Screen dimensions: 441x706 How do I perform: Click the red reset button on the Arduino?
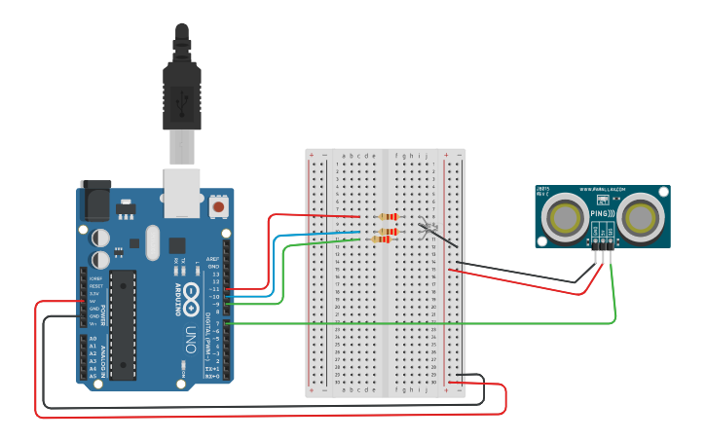pos(219,206)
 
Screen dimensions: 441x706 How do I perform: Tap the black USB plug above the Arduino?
pos(182,88)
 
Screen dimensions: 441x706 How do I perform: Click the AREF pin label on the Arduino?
pos(213,260)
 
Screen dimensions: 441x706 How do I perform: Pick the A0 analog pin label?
pos(93,338)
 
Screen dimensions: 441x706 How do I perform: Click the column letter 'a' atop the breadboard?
pos(338,155)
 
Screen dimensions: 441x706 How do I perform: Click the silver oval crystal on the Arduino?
pos(151,242)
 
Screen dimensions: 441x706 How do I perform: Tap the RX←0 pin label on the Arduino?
pos(212,377)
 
